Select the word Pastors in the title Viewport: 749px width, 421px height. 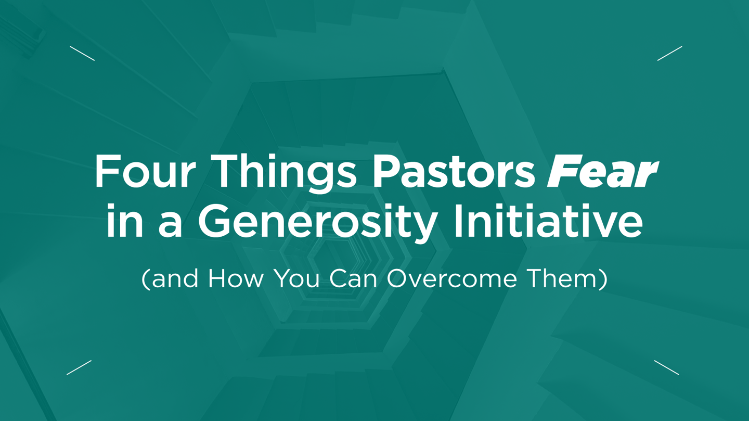pyautogui.click(x=453, y=172)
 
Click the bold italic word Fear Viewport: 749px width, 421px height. pyautogui.click(x=602, y=172)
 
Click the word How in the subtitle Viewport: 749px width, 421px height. pyautogui.click(x=237, y=278)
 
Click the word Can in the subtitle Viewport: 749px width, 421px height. pyautogui.click(x=355, y=278)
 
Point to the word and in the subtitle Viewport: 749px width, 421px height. pyautogui.click(x=175, y=279)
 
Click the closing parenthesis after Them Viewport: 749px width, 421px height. pyautogui.click(x=603, y=279)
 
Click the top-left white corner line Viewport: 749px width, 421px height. pyautogui.click(x=82, y=54)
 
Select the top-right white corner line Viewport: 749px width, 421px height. pyautogui.click(x=669, y=54)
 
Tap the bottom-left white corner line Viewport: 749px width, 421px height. pyautogui.click(x=79, y=367)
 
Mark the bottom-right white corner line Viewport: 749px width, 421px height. pyautogui.click(x=666, y=367)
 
